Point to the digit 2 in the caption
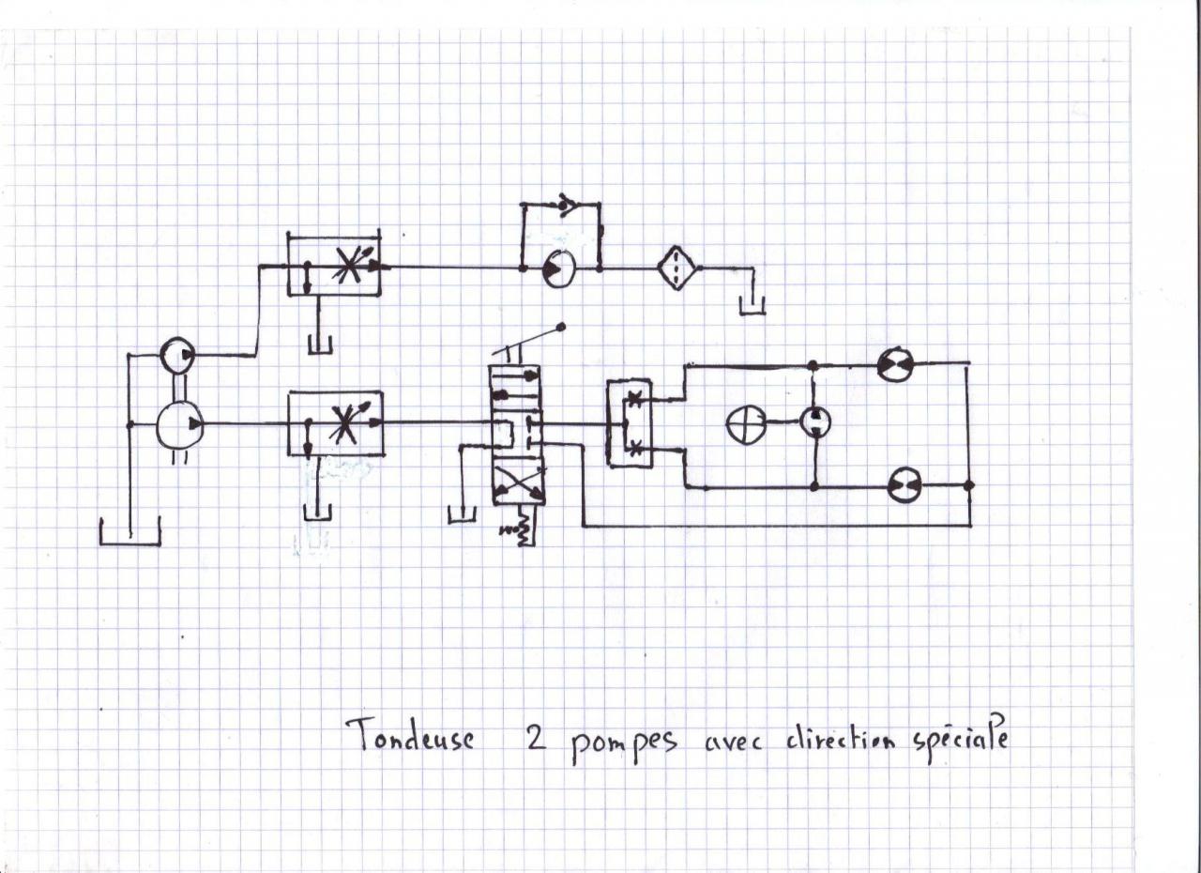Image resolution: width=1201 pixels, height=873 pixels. (524, 738)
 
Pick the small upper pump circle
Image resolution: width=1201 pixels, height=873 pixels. (176, 355)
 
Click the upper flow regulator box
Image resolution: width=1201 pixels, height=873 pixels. (335, 266)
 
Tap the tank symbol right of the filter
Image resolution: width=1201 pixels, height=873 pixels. (752, 304)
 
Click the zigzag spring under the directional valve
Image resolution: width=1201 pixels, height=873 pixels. (518, 530)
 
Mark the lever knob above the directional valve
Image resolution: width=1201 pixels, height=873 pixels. (562, 328)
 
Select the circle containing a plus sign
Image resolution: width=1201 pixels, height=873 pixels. (745, 425)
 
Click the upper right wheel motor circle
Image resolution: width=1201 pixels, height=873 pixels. (894, 363)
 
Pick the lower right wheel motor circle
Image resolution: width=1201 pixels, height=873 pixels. (905, 485)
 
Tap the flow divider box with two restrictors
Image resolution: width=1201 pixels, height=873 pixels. (627, 422)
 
